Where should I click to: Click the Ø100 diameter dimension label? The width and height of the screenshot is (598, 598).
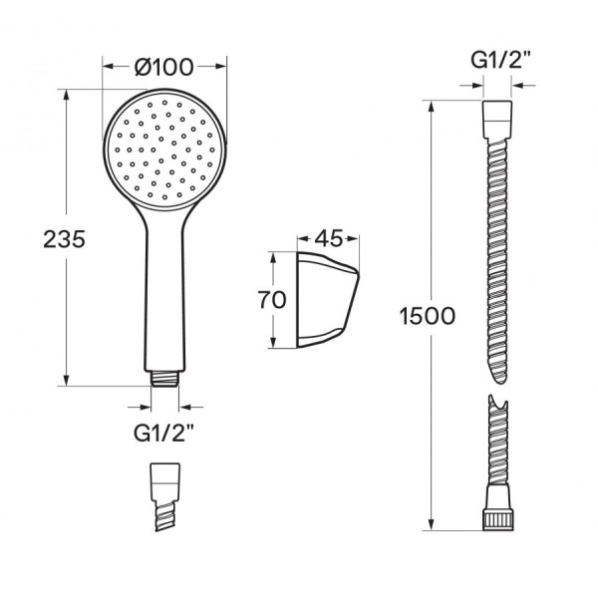(x=164, y=67)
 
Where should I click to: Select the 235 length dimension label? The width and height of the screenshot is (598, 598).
(x=64, y=239)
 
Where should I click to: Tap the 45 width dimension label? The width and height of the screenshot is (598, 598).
(x=329, y=238)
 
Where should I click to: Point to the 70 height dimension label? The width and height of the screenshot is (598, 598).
(x=272, y=299)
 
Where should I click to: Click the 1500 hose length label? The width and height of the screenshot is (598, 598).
(x=428, y=316)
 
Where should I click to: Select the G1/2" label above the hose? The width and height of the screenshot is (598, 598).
(x=500, y=60)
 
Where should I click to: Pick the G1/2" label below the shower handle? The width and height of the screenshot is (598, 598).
(x=163, y=433)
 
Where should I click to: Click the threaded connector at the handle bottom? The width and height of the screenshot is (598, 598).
(x=164, y=379)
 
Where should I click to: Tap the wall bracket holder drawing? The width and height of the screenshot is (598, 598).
(x=328, y=300)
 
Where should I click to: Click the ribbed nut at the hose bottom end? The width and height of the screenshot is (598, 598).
(x=497, y=519)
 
